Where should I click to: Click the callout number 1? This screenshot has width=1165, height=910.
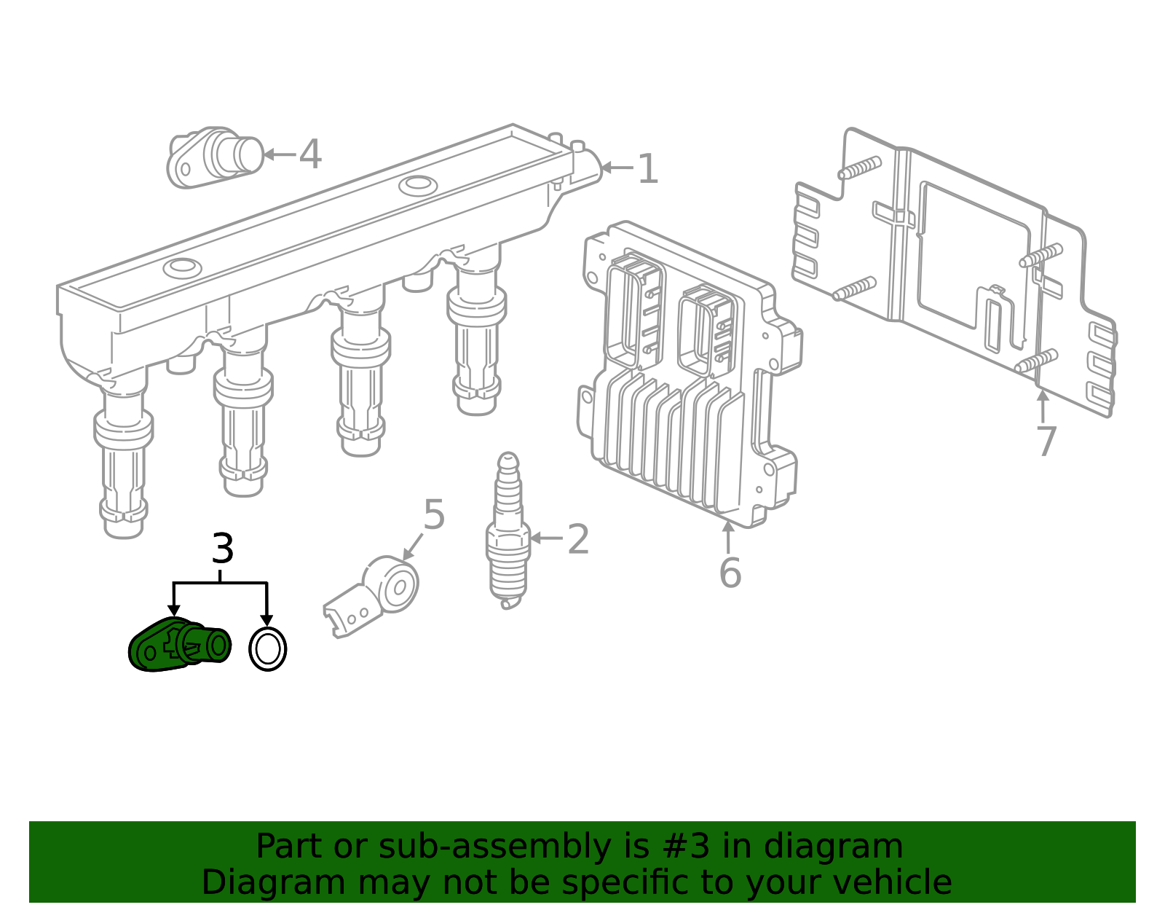[647, 169]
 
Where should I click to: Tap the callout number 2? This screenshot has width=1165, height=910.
[578, 539]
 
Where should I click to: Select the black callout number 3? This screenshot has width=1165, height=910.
[223, 548]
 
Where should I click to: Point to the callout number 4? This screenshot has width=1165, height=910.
[310, 154]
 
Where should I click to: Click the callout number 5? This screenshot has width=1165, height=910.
[434, 514]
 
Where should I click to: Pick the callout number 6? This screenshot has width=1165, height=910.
[730, 573]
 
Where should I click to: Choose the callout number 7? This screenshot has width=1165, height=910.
[1046, 442]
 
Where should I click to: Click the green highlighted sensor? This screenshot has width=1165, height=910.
[180, 644]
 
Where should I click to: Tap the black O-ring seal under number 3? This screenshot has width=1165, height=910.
[267, 649]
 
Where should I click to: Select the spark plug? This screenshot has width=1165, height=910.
[508, 530]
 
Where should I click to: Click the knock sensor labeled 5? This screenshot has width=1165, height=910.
[371, 596]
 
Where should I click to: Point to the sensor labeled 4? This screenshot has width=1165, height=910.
[215, 157]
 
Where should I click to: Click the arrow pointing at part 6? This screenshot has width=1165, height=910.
[728, 536]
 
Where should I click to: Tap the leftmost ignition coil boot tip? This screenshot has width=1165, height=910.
[123, 528]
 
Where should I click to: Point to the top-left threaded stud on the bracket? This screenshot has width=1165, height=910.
[859, 168]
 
